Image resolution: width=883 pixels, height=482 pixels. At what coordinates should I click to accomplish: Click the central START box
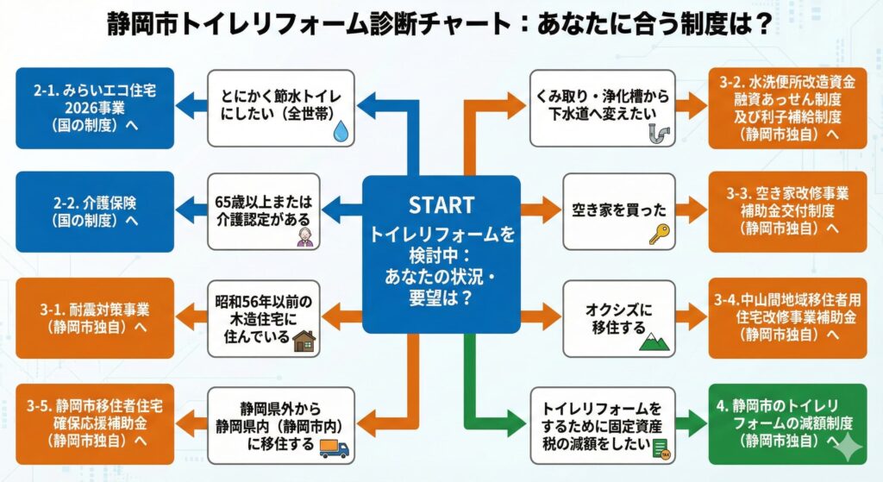(x=441, y=254)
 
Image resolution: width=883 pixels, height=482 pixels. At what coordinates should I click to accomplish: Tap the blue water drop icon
(x=341, y=130)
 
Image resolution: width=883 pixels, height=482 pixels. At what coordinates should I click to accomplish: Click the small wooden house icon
(x=304, y=341)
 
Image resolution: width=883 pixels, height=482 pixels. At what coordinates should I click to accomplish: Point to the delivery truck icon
(x=334, y=448)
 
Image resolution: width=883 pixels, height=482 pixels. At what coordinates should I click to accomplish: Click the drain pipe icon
(x=658, y=132)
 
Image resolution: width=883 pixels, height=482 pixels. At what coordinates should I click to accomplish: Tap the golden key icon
(x=660, y=234)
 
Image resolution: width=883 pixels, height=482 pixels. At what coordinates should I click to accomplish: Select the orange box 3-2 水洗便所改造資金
(x=786, y=108)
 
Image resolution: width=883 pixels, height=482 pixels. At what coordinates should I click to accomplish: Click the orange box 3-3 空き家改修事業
(x=786, y=211)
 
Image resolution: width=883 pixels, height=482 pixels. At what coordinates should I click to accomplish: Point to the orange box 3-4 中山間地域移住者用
(x=786, y=318)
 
